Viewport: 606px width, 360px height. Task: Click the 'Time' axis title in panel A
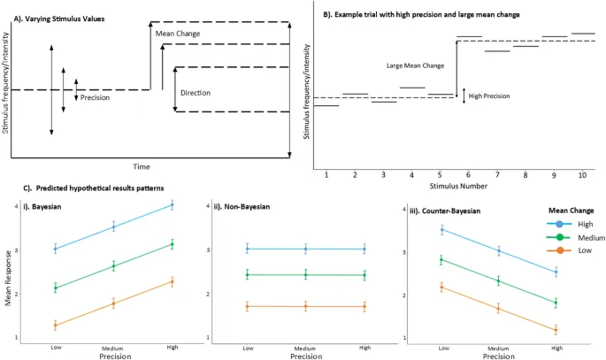coord(142,166)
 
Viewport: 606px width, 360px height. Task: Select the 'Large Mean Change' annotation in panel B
coord(415,65)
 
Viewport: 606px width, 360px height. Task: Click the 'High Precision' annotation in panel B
coord(488,96)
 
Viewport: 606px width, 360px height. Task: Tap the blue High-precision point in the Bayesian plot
coord(172,204)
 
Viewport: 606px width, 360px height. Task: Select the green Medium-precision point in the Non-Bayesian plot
coord(305,275)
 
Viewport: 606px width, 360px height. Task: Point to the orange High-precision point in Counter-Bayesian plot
coord(556,331)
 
